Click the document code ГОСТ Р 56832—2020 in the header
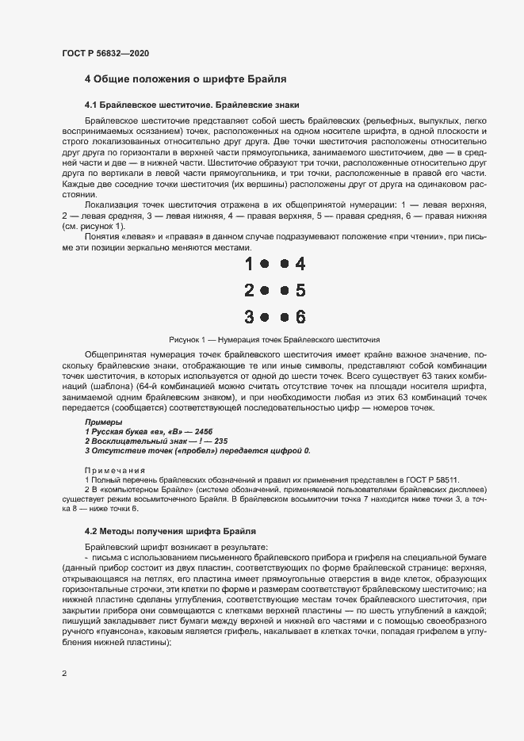tap(105, 53)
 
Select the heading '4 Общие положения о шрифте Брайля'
tap(186, 79)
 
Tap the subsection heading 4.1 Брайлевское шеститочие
tap(192, 105)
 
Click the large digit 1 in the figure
tap(250, 264)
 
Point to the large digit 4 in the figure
tap(300, 264)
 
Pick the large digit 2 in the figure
tap(250, 291)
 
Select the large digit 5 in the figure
tap(300, 291)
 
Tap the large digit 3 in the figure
tap(250, 317)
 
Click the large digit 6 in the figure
tap(300, 317)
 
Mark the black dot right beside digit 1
tap(265, 264)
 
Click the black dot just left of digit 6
tap(285, 317)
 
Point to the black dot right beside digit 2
tap(265, 291)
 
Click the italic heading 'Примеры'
tap(104, 422)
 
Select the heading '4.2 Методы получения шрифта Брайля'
tap(170, 530)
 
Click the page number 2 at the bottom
tap(64, 674)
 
